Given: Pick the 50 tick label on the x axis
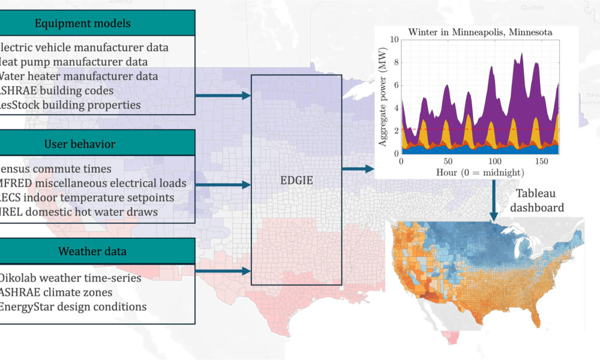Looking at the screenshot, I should coord(448,161).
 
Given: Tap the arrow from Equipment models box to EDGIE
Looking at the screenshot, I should coord(223,95).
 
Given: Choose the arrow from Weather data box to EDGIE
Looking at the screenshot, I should coord(223,271).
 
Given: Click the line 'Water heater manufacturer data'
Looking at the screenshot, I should coord(78,76).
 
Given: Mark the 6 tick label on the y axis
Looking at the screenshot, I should coord(395,86).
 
